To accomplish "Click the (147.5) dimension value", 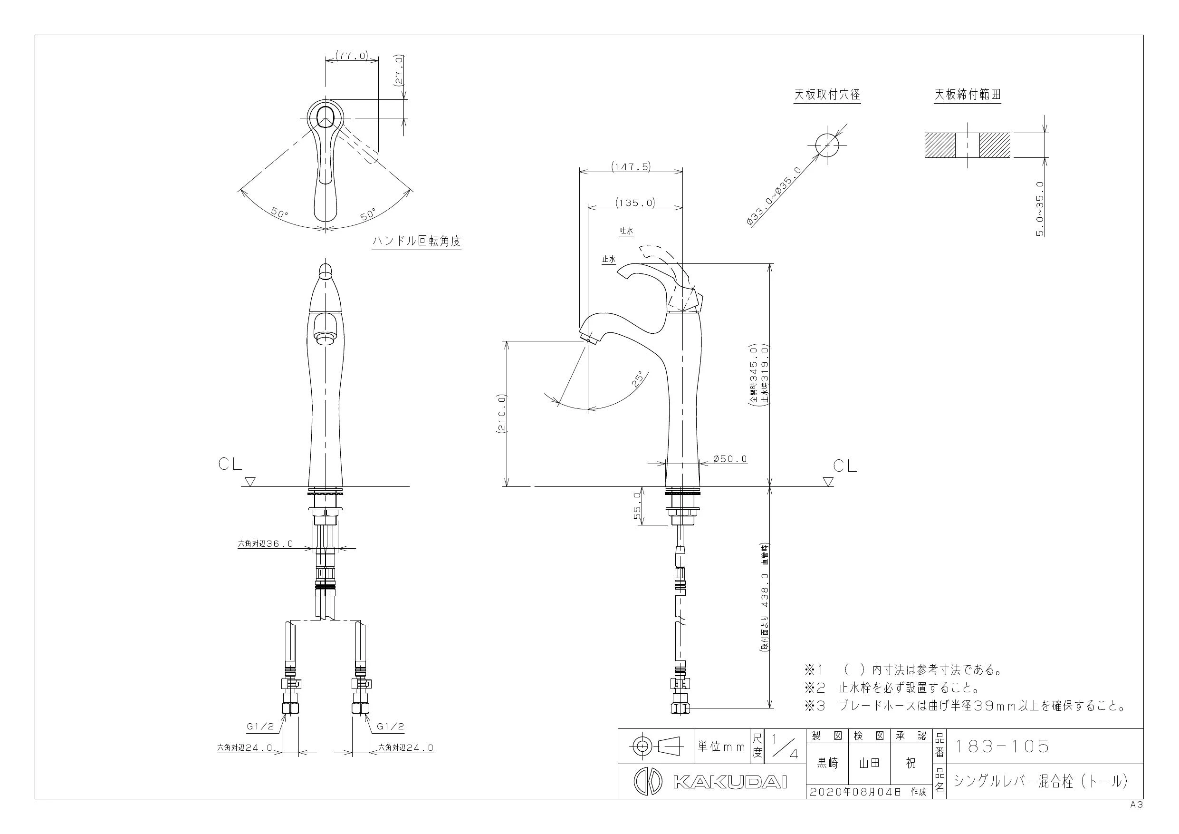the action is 631,166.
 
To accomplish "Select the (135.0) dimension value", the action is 636,203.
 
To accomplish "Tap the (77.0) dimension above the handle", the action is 352,55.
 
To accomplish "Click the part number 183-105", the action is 1001,747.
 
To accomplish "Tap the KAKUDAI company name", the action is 729,782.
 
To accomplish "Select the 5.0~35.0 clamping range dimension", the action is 1040,208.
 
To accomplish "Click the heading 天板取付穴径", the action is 827,95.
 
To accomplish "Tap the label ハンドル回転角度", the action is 416,241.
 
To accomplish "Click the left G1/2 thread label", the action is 260,727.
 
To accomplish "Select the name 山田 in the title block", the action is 869,764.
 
